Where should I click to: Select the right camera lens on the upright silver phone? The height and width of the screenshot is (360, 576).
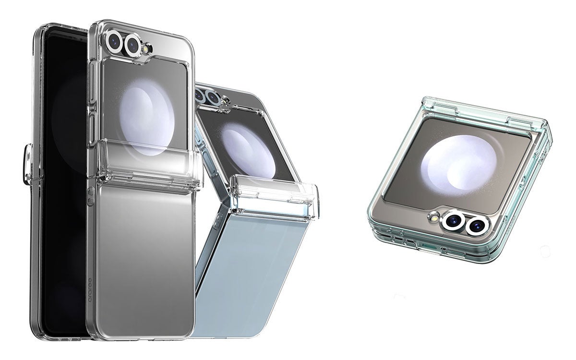[132, 45]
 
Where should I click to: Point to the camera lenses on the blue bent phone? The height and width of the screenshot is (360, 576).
[206, 96]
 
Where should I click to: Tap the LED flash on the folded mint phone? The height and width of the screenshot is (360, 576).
[435, 218]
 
